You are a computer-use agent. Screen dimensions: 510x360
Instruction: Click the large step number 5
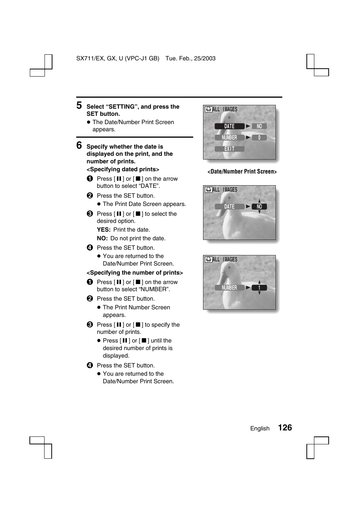[x=79, y=105]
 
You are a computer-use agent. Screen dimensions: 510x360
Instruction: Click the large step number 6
[x=79, y=145]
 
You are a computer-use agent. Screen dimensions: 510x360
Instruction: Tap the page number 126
[x=285, y=427]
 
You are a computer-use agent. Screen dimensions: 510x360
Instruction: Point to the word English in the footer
[x=260, y=429]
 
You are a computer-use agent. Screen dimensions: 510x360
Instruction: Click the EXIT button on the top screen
[x=229, y=149]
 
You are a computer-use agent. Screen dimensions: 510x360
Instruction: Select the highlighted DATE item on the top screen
[x=229, y=126]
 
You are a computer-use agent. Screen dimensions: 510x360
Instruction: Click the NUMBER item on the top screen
[x=229, y=138]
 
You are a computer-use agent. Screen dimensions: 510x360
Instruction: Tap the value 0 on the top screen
[x=259, y=138]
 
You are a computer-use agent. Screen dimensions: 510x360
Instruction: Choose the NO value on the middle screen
[x=259, y=207]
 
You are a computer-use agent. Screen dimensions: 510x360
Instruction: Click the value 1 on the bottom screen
[x=259, y=288]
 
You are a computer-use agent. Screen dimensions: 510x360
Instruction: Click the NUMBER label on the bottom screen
[x=229, y=288]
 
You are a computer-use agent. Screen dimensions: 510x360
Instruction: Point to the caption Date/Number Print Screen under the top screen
[x=242, y=172]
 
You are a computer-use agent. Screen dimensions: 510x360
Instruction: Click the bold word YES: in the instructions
[x=104, y=230]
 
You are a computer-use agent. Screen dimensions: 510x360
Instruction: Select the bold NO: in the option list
[x=102, y=238]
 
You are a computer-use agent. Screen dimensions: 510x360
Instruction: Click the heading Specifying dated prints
[x=123, y=169]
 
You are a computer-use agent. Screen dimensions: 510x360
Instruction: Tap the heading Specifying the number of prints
[x=135, y=273]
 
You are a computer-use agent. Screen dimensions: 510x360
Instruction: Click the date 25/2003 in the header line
[x=205, y=58]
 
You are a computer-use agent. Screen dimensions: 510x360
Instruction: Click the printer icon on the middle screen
[x=208, y=190]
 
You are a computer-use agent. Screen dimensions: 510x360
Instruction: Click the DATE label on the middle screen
[x=229, y=207]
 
